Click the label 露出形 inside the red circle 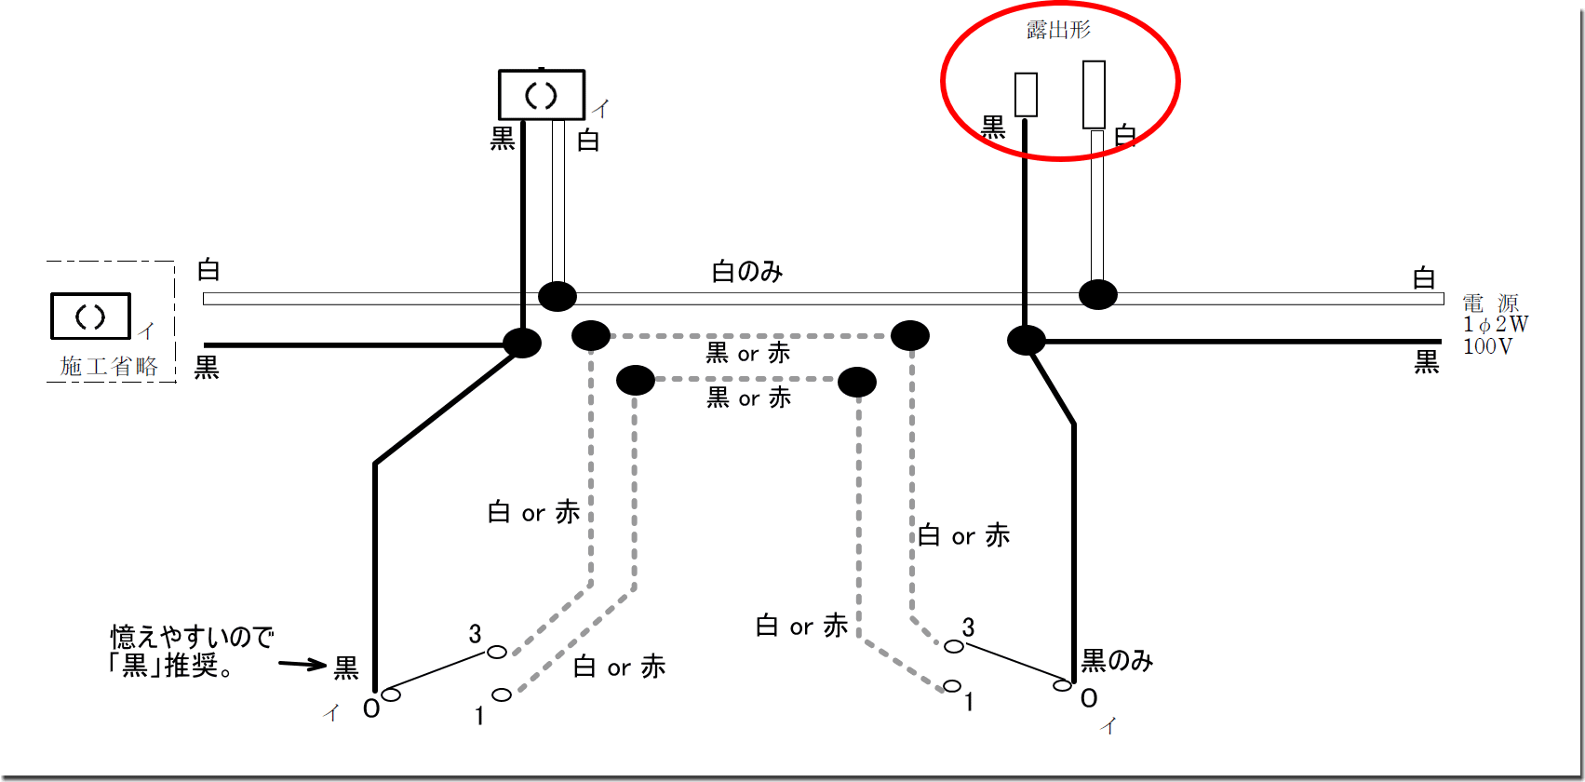coord(1058,30)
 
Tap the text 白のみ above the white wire coord(747,272)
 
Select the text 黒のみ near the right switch coord(1117,661)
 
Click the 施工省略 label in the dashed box coord(109,367)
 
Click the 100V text coord(1487,346)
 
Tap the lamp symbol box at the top coord(542,95)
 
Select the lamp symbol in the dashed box coord(90,317)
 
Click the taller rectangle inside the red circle coord(1094,95)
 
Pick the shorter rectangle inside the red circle coord(1026,95)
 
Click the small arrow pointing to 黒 coord(302,665)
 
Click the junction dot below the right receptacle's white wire coord(1097,295)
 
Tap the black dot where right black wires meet coord(1026,340)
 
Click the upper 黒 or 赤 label coord(748,353)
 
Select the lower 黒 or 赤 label coord(748,398)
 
